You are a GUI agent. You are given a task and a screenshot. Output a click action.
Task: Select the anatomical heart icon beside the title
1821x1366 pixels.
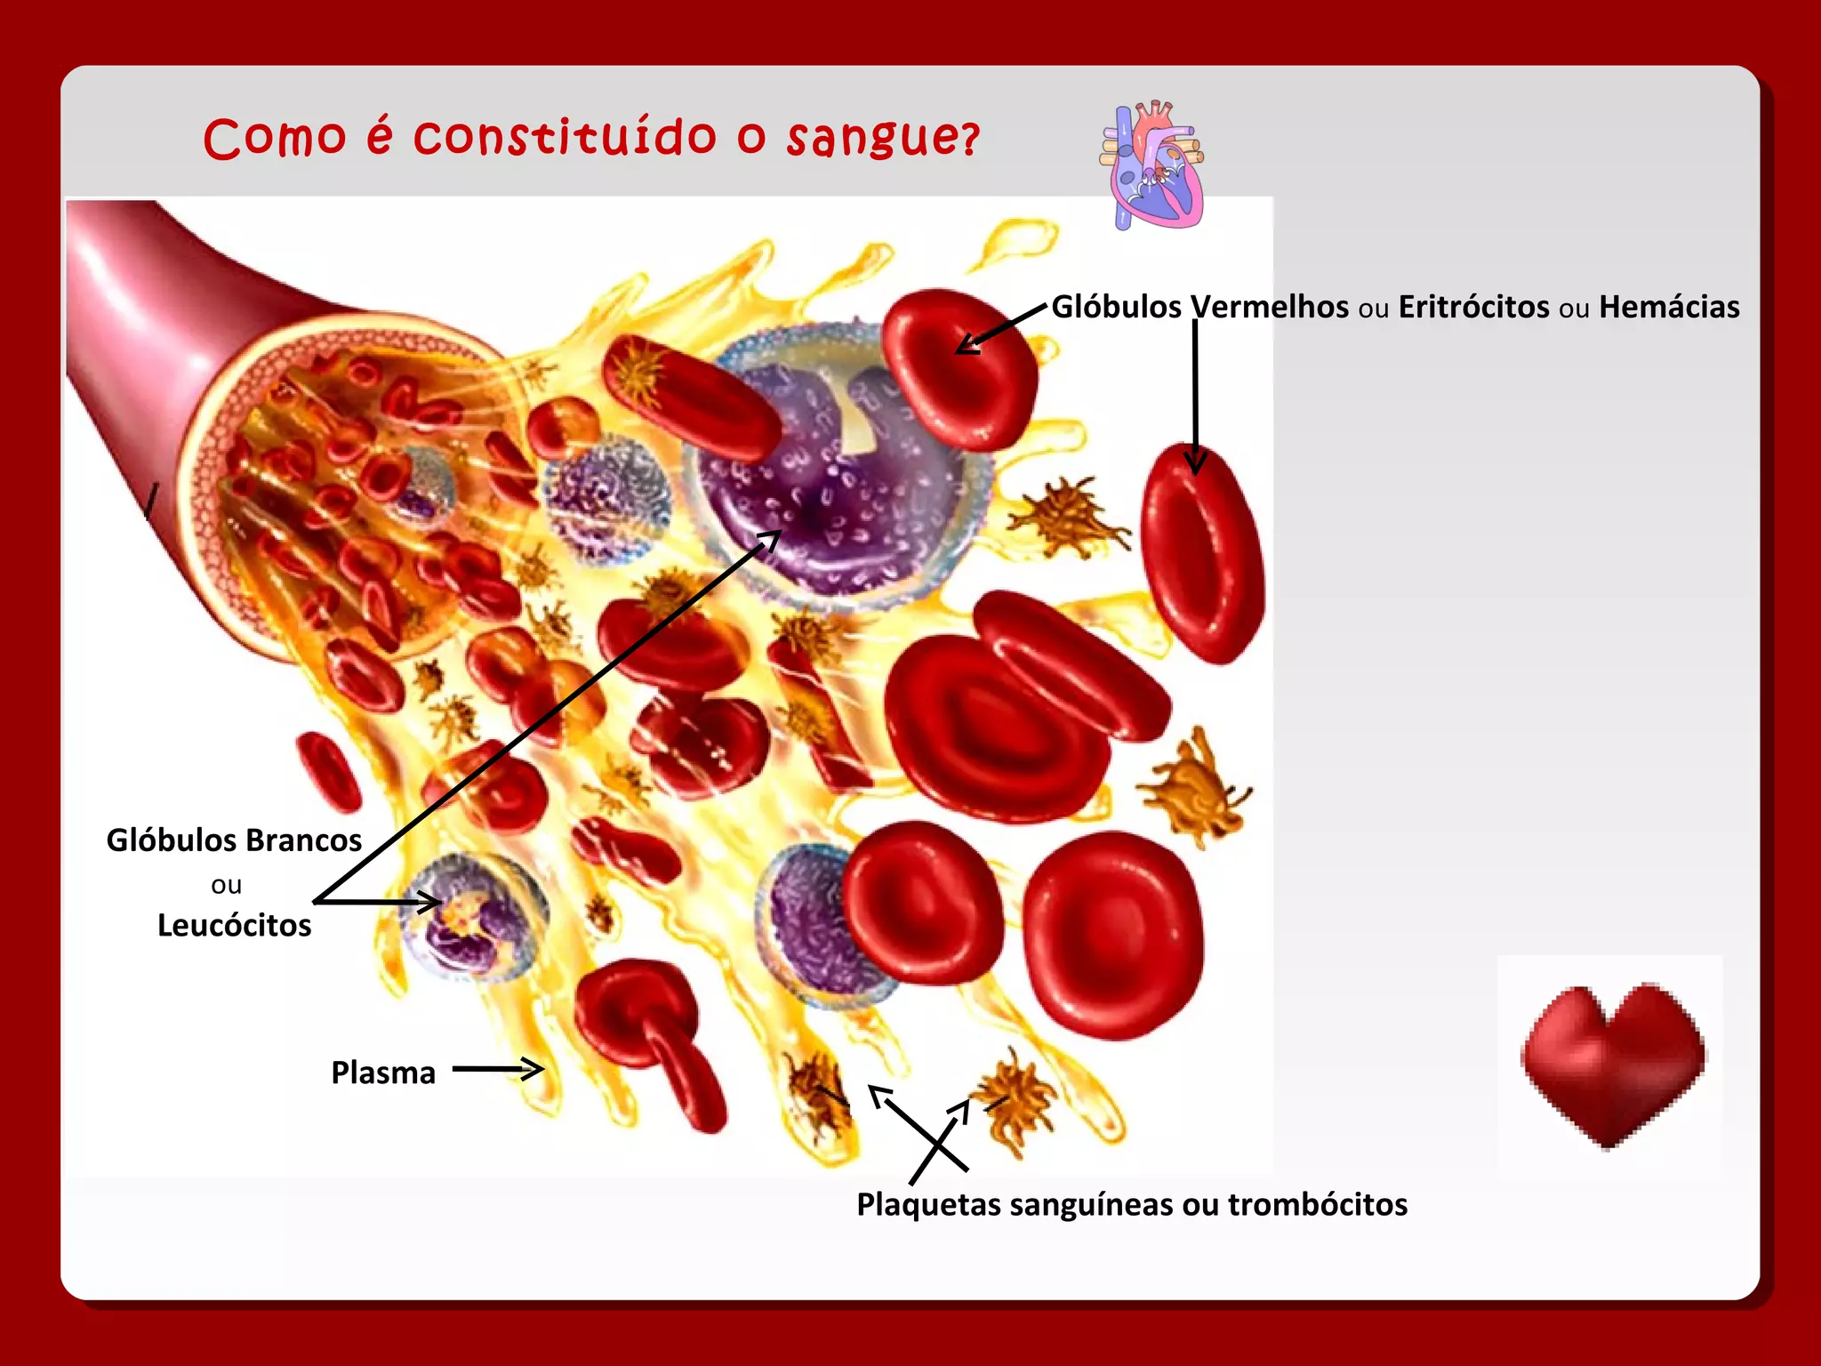tap(1151, 165)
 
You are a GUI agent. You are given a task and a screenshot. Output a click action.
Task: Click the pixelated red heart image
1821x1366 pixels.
tap(1611, 1064)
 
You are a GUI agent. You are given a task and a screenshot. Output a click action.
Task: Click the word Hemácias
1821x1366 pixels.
tap(1668, 307)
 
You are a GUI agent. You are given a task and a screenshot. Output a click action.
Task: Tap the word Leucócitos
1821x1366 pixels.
tap(234, 926)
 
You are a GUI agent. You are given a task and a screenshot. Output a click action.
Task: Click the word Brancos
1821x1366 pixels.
tap(303, 840)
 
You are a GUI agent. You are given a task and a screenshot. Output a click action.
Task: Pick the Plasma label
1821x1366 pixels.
tap(383, 1073)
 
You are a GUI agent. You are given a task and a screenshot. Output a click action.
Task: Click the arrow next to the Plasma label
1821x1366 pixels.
tap(498, 1069)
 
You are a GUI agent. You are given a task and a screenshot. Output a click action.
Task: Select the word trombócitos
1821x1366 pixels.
tap(1318, 1204)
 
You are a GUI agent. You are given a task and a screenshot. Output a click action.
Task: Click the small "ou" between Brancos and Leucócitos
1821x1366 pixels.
tap(226, 885)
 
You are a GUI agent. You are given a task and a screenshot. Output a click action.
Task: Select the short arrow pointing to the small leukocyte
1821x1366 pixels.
tap(378, 903)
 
